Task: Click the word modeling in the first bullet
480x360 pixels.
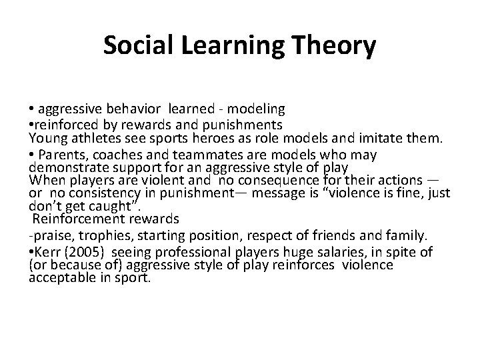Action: [x=257, y=109]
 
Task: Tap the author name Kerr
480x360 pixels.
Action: [x=47, y=251]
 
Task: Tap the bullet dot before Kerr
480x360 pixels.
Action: [x=31, y=251]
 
